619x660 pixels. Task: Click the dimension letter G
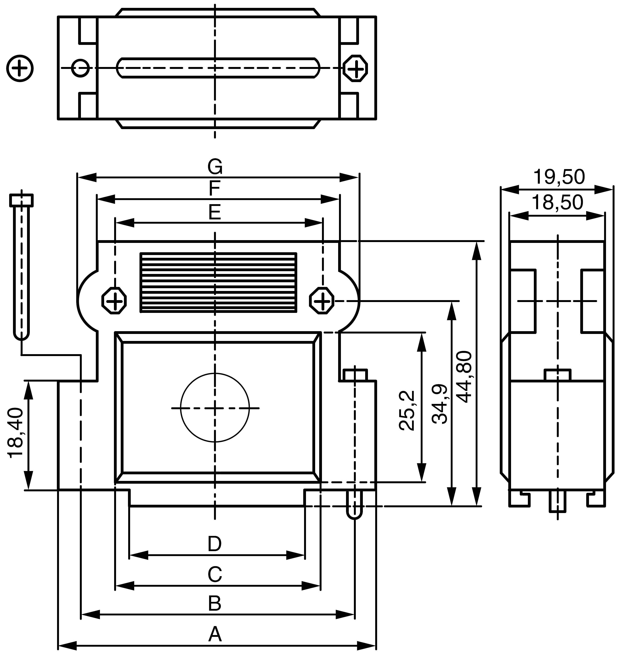coord(215,167)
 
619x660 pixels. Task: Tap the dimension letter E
coord(215,212)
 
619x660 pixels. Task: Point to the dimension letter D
coord(215,544)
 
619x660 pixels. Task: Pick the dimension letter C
coord(215,575)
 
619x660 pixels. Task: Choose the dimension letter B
coord(215,604)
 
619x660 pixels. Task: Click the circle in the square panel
coord(215,408)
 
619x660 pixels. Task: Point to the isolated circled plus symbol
coord(20,68)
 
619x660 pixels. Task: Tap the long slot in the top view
coord(218,68)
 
